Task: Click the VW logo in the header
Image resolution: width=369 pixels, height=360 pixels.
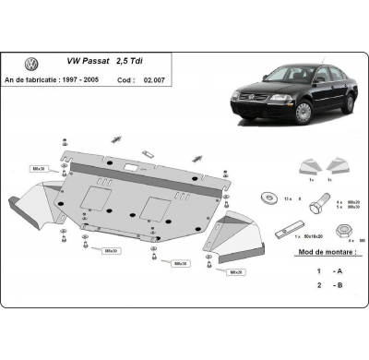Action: (x=31, y=64)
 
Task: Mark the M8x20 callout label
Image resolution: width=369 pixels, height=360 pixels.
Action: (x=236, y=272)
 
